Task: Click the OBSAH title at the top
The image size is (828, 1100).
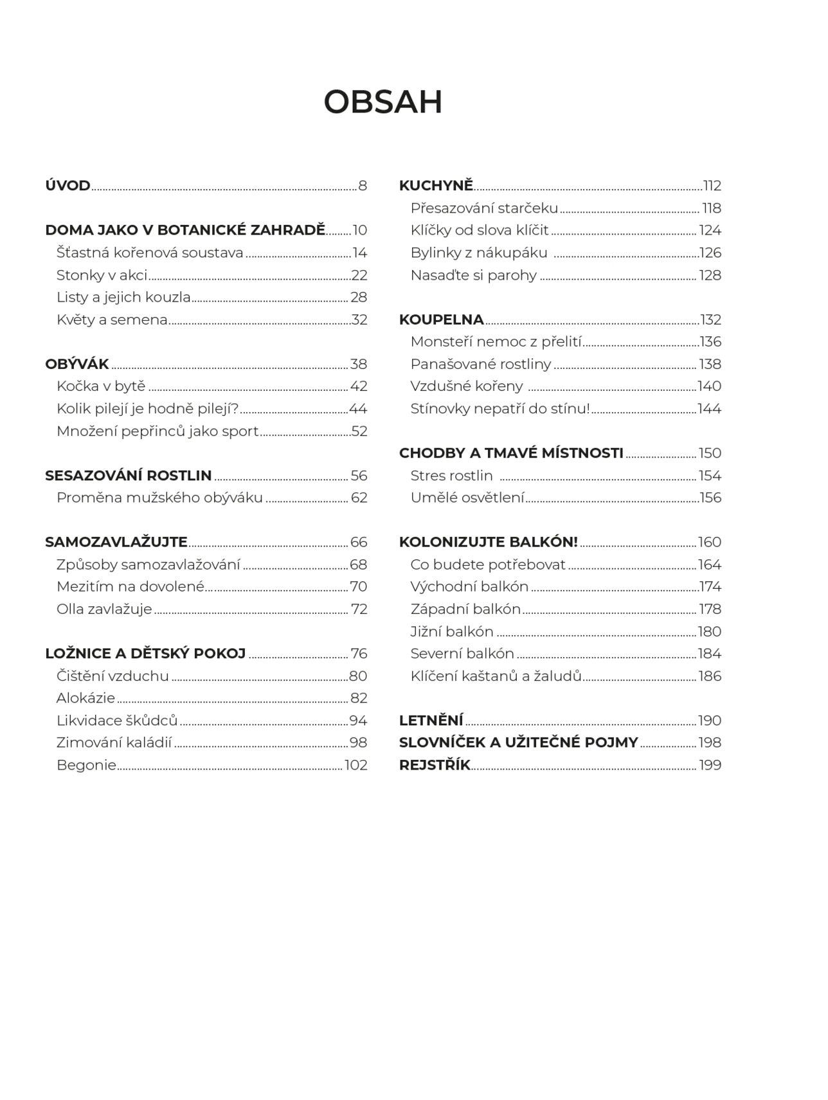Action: click(x=383, y=102)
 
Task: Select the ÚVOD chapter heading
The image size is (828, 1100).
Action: click(x=67, y=186)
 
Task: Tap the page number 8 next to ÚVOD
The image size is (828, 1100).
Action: click(x=363, y=186)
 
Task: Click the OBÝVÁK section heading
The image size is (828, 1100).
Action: click(x=77, y=364)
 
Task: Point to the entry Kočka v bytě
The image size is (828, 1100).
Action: click(x=101, y=386)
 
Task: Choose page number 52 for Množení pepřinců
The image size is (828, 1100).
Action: click(x=359, y=431)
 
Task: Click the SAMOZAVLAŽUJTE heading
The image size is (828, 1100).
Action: click(x=116, y=542)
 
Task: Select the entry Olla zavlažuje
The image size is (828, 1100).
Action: click(x=104, y=609)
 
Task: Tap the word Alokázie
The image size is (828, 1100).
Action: click(x=85, y=698)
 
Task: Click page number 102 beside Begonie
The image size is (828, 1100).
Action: click(x=356, y=765)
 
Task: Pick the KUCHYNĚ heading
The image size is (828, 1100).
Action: click(x=436, y=186)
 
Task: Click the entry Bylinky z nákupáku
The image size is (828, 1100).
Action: click(x=479, y=253)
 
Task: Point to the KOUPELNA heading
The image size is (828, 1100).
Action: click(x=441, y=320)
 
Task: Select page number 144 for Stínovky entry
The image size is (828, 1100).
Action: click(x=710, y=409)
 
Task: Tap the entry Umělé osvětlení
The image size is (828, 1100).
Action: click(x=467, y=498)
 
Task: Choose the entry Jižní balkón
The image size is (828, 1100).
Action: click(x=452, y=631)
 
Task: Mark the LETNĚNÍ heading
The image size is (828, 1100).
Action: click(x=431, y=721)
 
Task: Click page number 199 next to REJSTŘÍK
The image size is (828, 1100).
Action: click(x=710, y=765)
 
